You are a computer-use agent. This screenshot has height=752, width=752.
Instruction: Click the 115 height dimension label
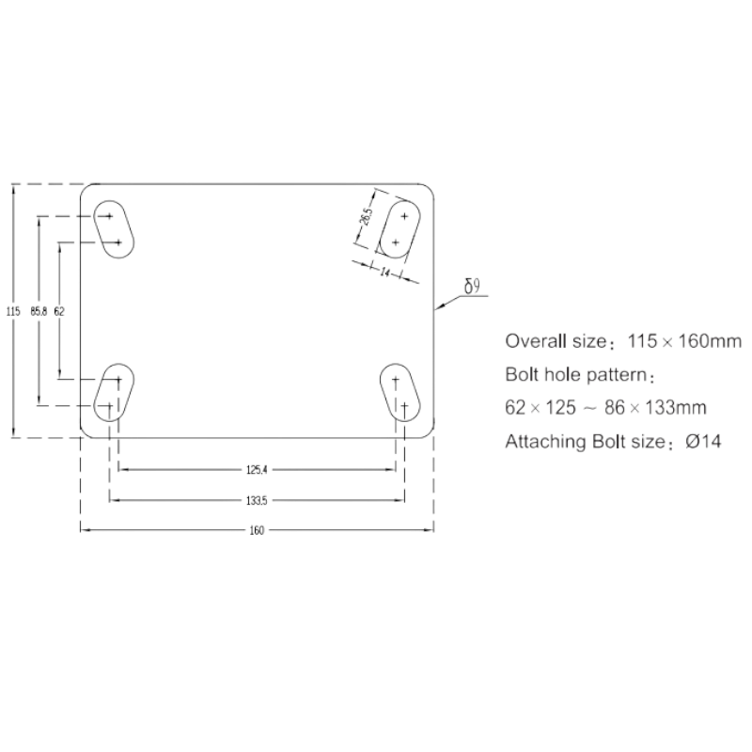tap(13, 311)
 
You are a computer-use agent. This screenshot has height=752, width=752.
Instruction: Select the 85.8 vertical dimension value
tap(39, 311)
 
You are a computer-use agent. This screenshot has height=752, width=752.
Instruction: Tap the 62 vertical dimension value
tap(59, 311)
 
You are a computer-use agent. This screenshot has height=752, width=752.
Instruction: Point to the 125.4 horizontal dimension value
tap(257, 470)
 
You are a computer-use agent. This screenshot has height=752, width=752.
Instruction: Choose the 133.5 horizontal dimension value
tap(257, 501)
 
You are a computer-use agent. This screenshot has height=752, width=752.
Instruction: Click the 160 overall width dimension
tap(257, 530)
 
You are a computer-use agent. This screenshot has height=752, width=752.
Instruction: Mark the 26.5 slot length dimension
tap(366, 216)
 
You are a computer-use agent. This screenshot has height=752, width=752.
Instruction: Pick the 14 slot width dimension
tap(385, 273)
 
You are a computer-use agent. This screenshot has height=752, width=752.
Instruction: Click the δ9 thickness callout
tap(473, 287)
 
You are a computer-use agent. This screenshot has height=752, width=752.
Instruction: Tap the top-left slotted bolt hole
tap(114, 229)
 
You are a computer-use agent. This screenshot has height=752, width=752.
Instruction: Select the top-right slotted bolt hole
tap(400, 229)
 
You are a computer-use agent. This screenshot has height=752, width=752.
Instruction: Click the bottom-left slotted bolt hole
tap(114, 392)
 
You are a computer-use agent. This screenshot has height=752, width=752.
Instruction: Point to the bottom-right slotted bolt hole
tap(400, 392)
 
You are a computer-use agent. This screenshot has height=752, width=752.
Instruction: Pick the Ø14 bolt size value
tap(703, 441)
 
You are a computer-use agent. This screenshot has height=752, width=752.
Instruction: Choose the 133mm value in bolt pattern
tap(676, 408)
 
